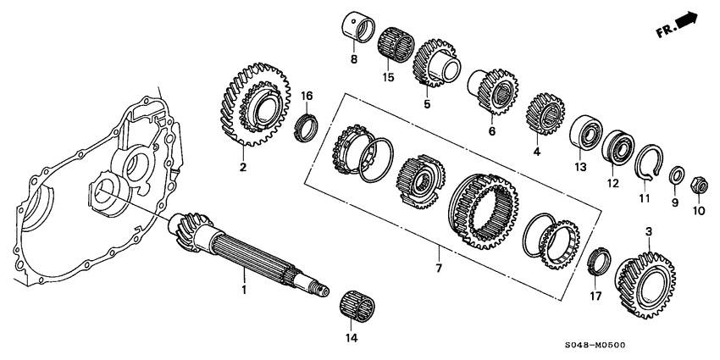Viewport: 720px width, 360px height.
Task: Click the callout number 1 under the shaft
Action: click(243, 291)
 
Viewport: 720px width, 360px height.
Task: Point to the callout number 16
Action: click(307, 96)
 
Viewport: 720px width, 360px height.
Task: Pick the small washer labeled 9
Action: click(678, 176)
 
